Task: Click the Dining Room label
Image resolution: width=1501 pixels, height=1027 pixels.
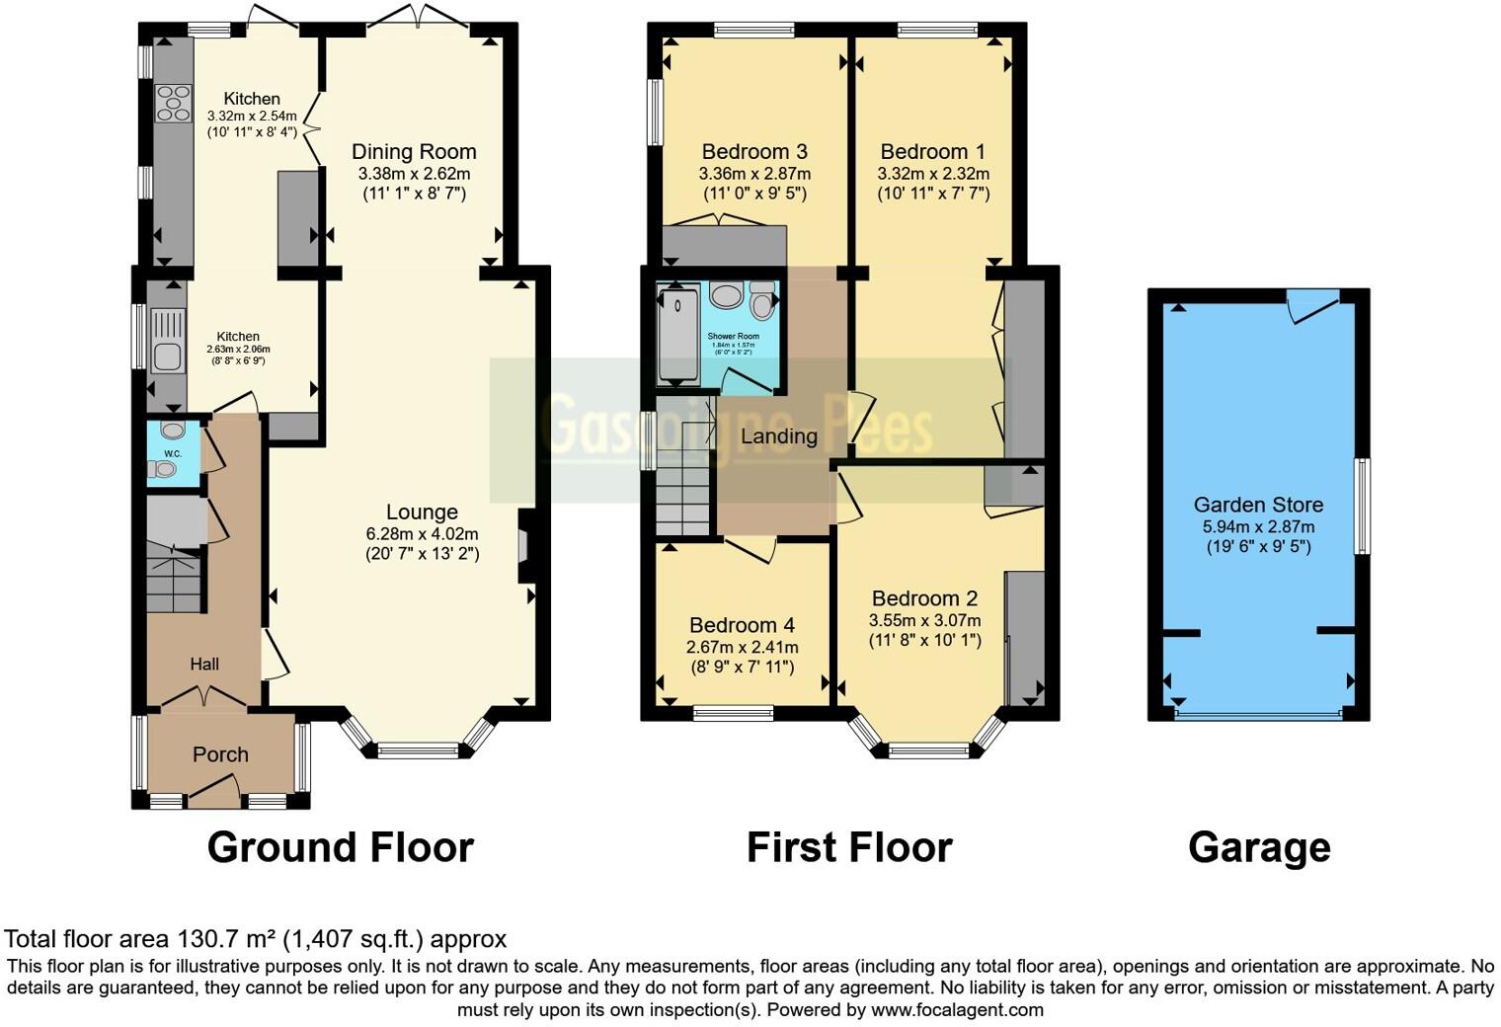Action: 414,151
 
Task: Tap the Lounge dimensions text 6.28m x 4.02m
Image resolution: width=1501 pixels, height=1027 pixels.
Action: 422,533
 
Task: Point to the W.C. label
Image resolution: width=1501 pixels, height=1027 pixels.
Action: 173,453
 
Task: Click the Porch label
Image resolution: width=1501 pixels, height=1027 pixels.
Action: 220,754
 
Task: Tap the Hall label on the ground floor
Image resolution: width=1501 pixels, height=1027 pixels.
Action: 204,664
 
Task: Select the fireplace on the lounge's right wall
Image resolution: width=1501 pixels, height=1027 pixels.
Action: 524,545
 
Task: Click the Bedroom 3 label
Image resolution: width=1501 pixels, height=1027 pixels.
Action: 754,151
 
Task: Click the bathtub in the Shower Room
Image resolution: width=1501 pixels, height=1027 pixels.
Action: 678,334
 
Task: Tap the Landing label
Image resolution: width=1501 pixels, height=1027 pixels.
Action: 779,435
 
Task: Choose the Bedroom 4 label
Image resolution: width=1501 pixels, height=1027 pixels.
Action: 742,625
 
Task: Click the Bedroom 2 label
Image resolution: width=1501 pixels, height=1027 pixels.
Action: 924,598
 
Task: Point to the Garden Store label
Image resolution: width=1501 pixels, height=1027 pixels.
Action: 1258,505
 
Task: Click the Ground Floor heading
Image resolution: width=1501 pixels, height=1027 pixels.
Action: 340,847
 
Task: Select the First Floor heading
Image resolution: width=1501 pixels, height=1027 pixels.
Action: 849,847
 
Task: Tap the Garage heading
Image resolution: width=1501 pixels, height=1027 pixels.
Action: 1259,847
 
